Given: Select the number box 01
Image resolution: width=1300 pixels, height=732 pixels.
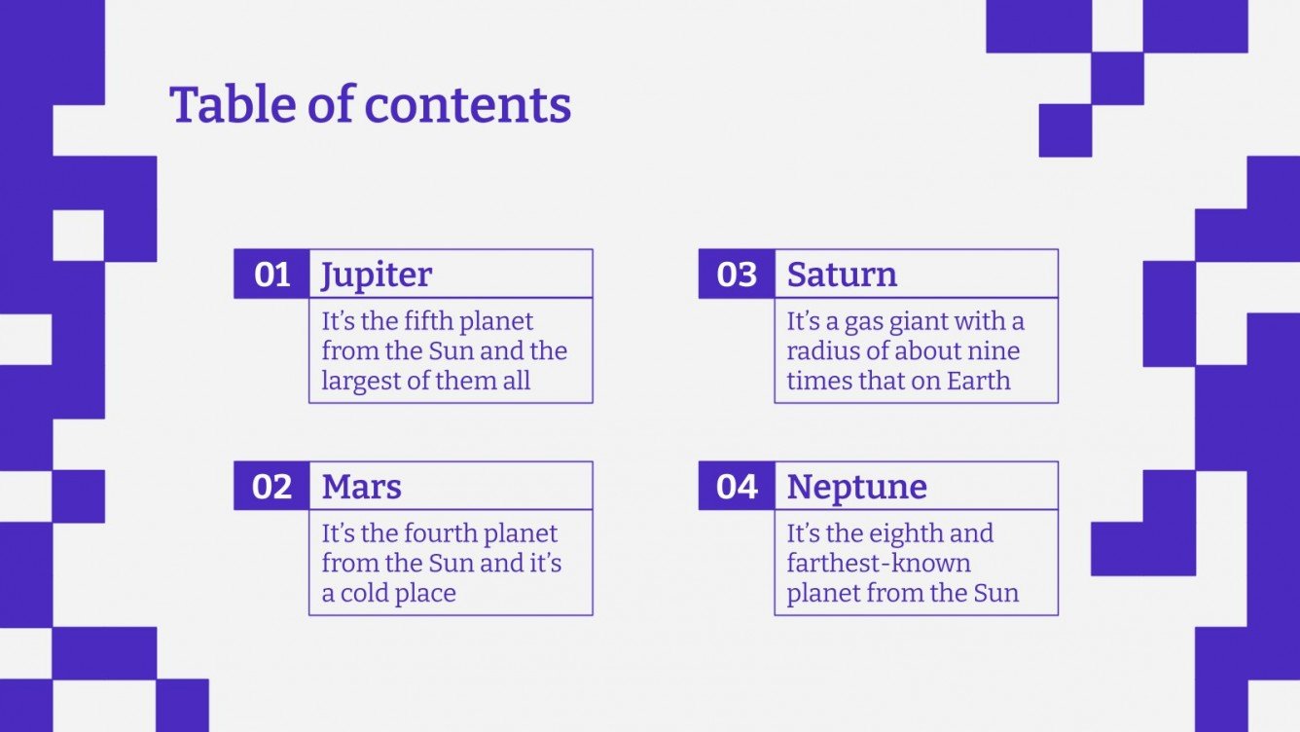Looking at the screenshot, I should [271, 274].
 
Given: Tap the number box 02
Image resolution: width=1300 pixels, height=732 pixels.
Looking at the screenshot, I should [271, 487].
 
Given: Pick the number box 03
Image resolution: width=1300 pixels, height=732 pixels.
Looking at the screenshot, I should [737, 274].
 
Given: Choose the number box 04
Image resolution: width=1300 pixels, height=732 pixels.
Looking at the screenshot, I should [737, 487].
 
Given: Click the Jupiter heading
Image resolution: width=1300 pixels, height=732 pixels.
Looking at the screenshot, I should [377, 275].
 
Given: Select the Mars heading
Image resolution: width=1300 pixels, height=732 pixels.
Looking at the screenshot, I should [361, 487].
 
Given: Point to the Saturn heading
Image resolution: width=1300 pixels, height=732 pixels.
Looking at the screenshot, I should [842, 274].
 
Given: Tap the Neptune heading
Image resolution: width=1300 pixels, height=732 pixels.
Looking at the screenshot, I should [856, 487].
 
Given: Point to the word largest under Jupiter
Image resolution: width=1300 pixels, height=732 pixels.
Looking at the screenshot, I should [361, 381].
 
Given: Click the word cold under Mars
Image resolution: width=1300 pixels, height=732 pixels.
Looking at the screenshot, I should [367, 593].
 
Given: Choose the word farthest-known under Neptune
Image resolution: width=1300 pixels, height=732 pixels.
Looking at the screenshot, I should [878, 564].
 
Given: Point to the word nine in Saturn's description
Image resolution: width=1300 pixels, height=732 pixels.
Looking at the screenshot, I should [994, 351].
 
